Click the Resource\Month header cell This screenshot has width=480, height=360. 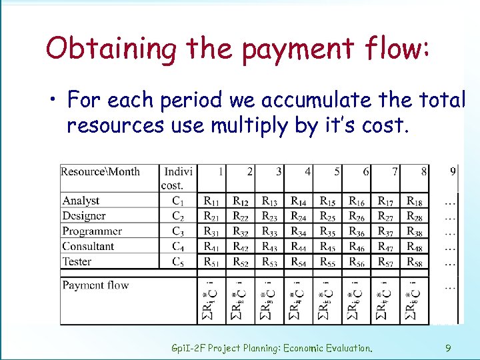(x=101, y=171)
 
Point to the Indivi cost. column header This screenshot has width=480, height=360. (x=178, y=177)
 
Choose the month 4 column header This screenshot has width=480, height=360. (x=307, y=171)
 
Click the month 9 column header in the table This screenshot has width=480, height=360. (x=453, y=171)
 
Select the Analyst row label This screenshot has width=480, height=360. (x=81, y=201)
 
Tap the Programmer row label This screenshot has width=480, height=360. (x=92, y=231)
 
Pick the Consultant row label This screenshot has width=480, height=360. (x=88, y=247)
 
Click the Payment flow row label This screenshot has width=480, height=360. (x=95, y=285)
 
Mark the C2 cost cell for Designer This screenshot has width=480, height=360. (x=177, y=216)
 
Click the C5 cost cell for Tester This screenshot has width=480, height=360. (x=177, y=262)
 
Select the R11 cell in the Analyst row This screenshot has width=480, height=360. (x=212, y=201)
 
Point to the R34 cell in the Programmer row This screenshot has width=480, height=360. (x=299, y=231)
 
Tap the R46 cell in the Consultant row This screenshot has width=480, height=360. (x=357, y=247)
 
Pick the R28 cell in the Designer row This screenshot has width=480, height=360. (x=414, y=216)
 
